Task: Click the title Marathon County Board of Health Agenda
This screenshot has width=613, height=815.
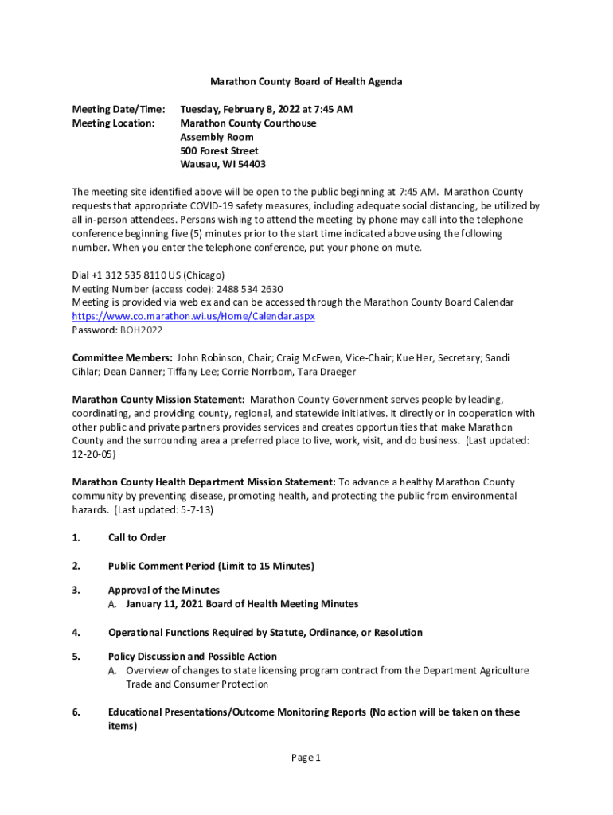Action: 306,81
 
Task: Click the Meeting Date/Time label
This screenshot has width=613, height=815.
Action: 119,109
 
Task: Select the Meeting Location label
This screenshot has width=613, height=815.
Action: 113,123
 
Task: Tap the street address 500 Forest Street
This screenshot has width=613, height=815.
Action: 219,150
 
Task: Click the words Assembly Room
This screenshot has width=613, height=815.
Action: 217,137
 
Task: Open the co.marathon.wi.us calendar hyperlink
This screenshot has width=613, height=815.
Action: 193,316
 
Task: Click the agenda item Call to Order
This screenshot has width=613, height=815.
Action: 137,538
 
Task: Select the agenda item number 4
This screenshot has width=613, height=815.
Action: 76,633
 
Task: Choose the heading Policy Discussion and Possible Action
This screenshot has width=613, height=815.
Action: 193,657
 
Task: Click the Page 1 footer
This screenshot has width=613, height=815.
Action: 306,758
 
